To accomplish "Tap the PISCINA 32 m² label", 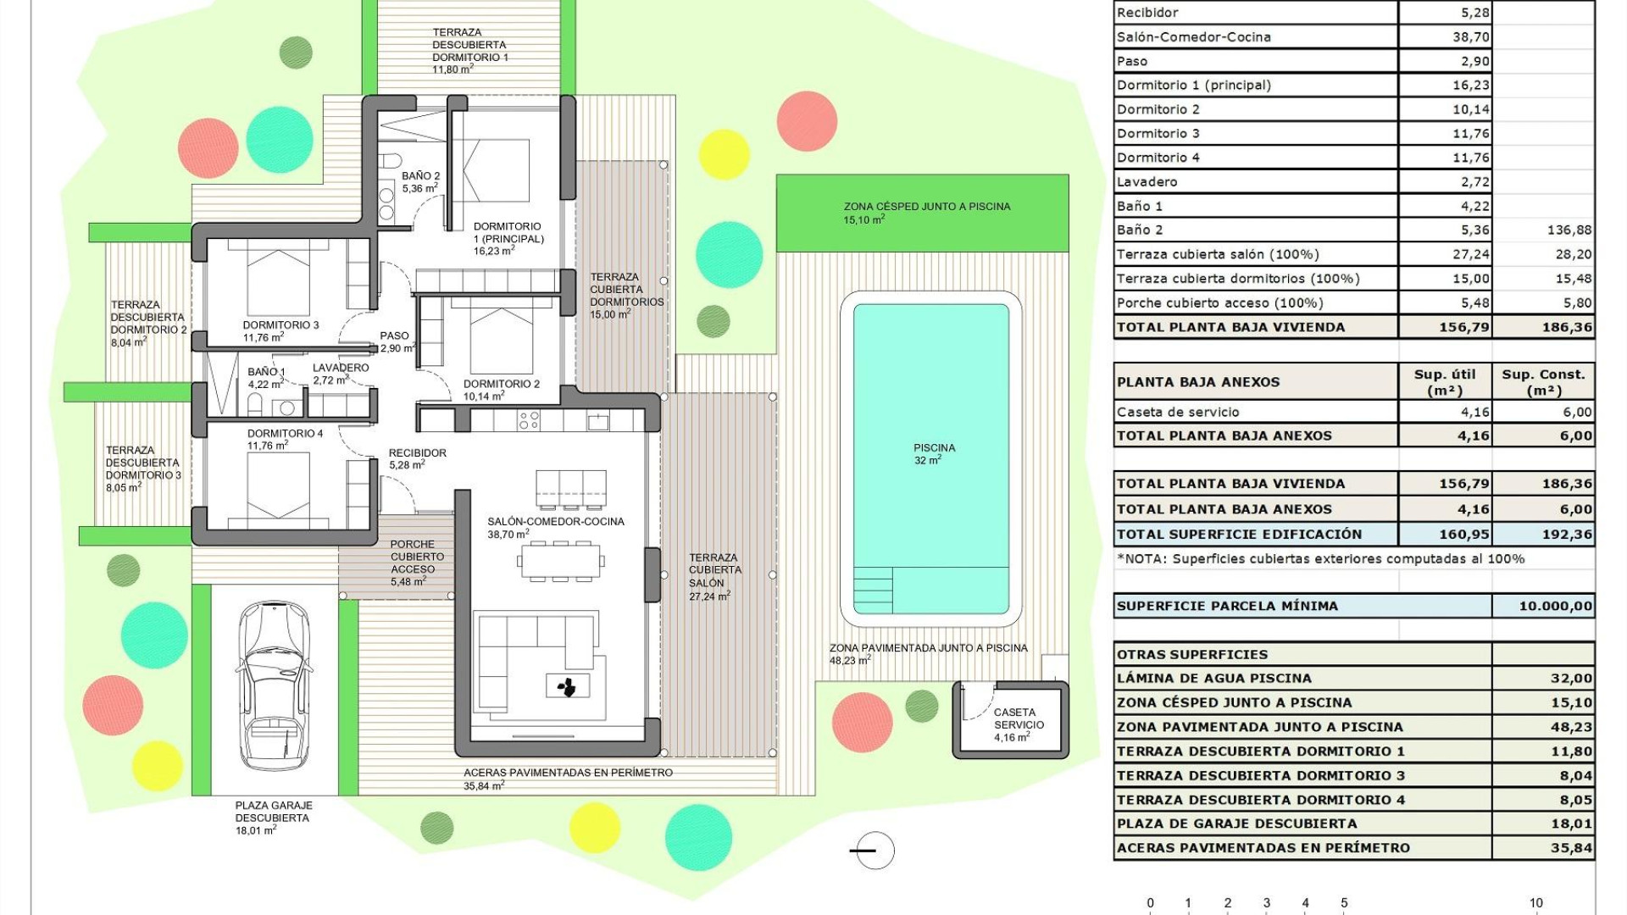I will click(x=934, y=453).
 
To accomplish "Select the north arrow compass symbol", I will click(x=873, y=850).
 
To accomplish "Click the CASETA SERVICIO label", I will click(x=1018, y=724).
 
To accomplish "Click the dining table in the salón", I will click(x=560, y=561).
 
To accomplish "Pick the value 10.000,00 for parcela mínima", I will click(x=1555, y=606).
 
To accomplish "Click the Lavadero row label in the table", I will click(x=1147, y=181).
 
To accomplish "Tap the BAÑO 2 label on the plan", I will click(x=420, y=181).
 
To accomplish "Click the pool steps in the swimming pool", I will click(x=872, y=590).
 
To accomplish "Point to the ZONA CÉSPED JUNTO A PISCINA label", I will click(x=926, y=212).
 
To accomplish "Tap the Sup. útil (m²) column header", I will click(x=1444, y=381).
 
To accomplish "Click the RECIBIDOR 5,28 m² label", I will click(x=417, y=458).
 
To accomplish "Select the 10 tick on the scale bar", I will click(x=1535, y=903).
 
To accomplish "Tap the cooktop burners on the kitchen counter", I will click(x=528, y=420).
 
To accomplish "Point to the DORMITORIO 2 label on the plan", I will click(x=501, y=389).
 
